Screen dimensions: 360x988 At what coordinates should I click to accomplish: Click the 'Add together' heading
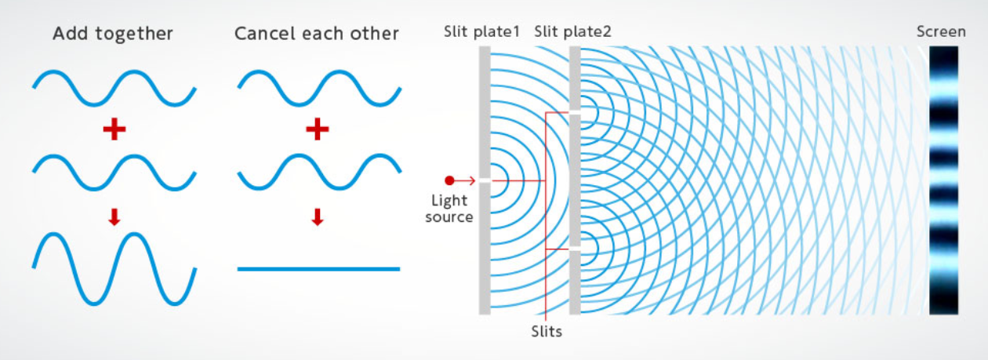click(113, 34)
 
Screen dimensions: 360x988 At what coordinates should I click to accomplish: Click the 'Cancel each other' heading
click(317, 34)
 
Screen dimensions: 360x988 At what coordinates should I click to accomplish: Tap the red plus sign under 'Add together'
click(114, 129)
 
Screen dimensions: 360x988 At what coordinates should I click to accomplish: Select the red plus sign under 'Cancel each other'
click(317, 129)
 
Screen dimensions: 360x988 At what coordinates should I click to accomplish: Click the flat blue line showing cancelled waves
click(318, 269)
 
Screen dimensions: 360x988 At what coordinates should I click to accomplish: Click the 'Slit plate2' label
click(572, 32)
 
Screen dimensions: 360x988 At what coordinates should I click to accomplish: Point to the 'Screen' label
click(941, 32)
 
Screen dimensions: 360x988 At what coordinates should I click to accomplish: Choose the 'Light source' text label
click(449, 209)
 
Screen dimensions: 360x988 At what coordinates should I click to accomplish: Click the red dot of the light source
click(449, 180)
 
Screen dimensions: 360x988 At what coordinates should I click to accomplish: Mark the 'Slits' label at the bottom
click(546, 331)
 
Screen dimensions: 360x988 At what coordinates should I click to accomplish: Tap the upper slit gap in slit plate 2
click(575, 112)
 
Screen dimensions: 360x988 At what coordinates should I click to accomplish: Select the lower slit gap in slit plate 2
click(575, 249)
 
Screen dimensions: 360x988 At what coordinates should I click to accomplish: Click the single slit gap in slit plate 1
click(485, 180)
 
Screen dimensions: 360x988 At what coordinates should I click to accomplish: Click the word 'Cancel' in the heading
click(263, 34)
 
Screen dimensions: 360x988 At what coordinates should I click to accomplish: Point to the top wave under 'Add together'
click(114, 87)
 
